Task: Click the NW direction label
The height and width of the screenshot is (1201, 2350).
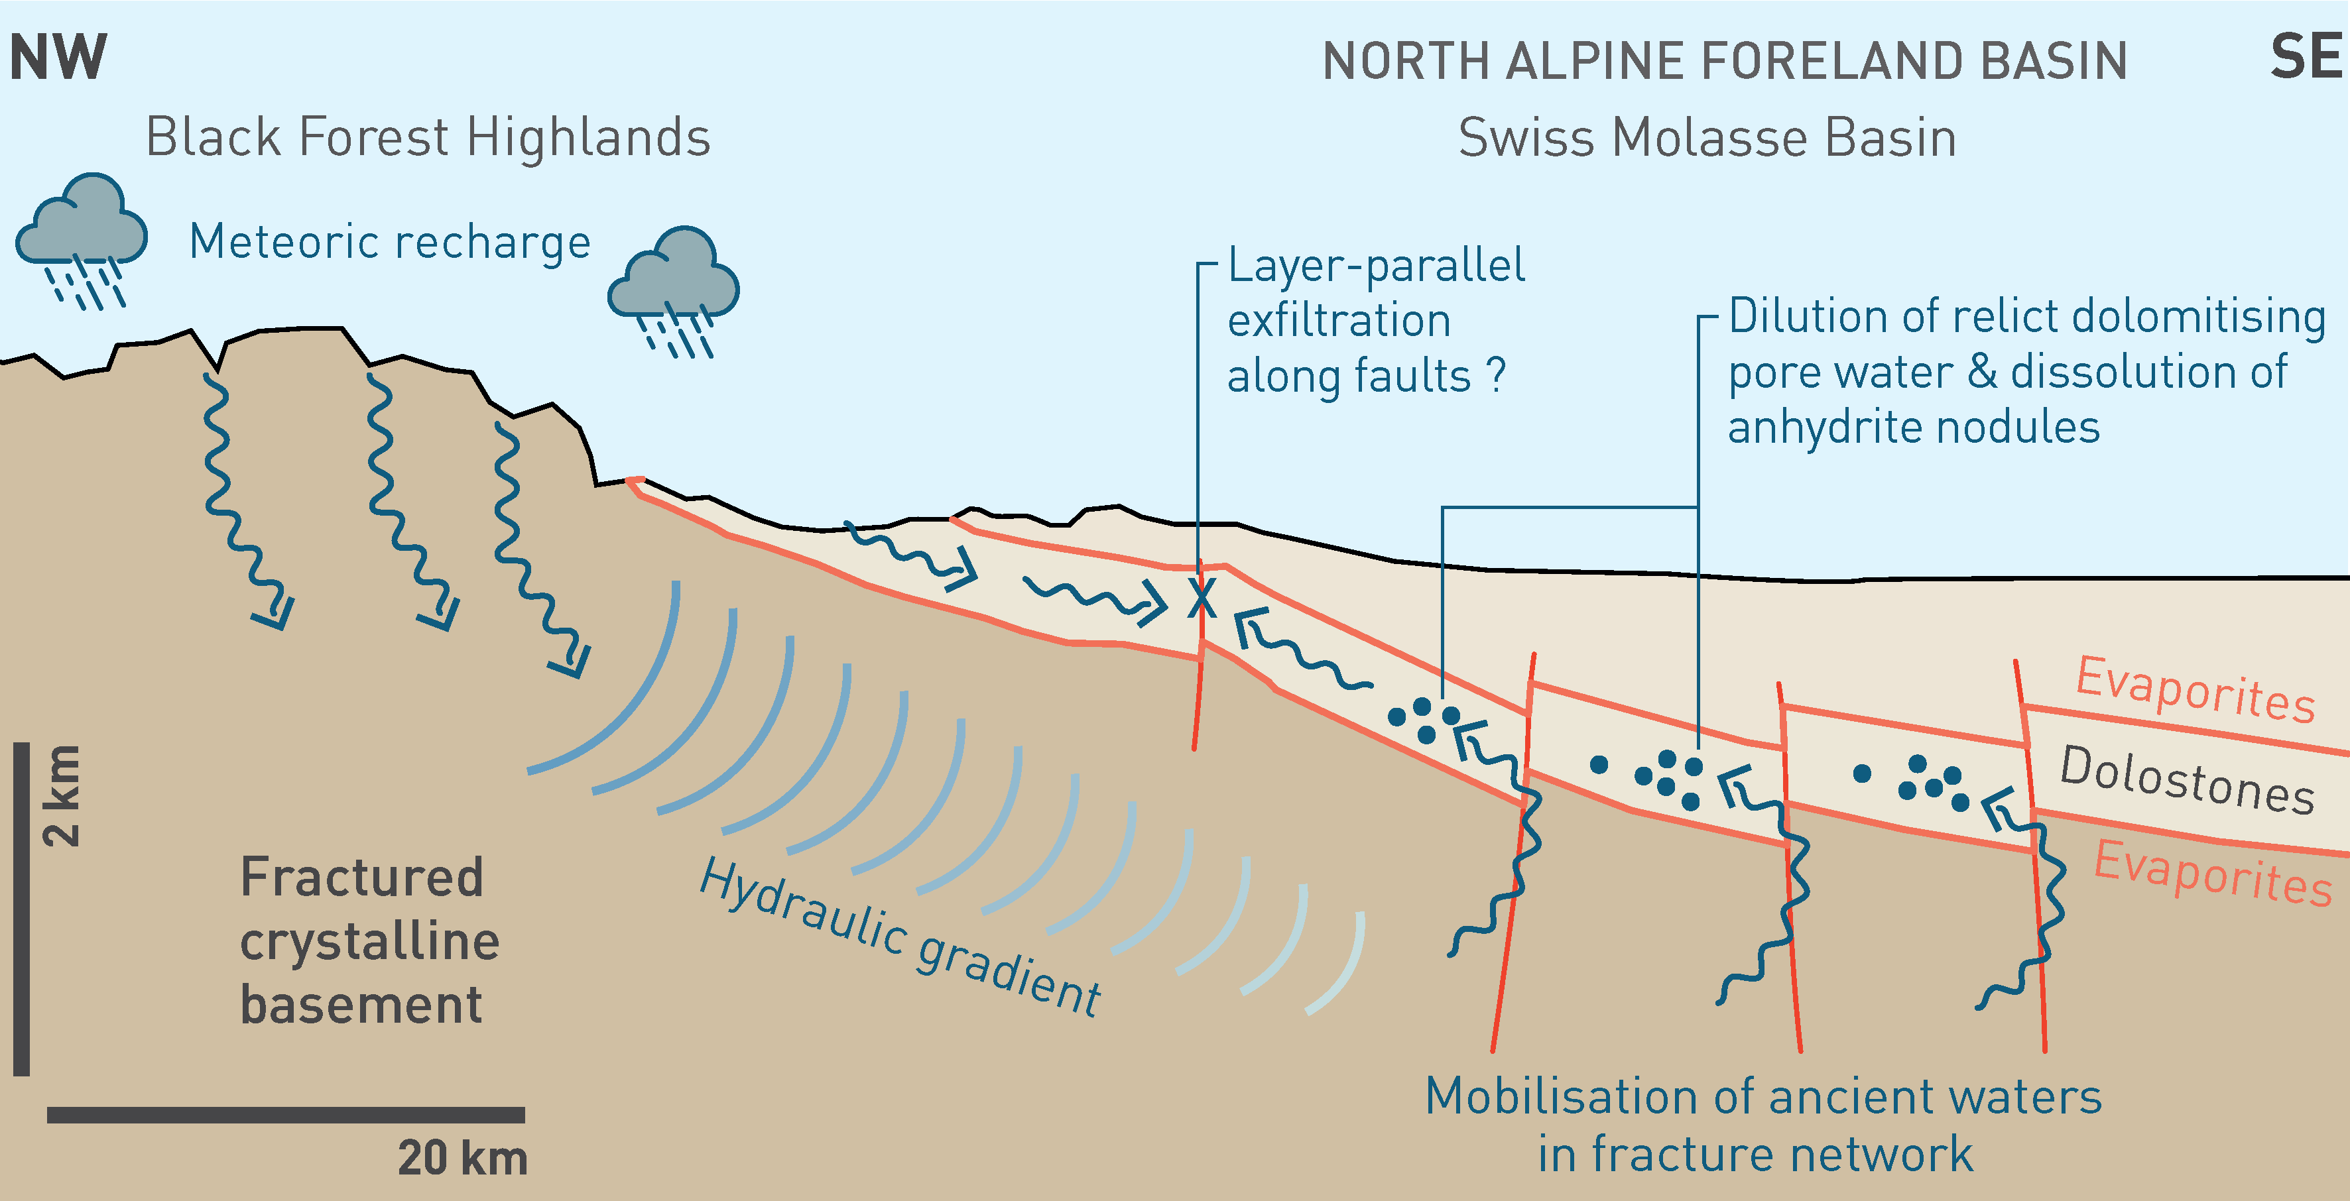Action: pos(58,58)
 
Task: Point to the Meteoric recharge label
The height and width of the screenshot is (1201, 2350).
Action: pos(389,243)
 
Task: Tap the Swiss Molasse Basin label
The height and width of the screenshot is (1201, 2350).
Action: pos(1707,139)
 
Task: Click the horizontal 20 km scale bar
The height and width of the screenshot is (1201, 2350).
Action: pos(286,1114)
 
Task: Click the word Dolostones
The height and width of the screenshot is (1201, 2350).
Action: pos(2187,779)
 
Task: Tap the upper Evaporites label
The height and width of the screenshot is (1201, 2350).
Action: pos(2195,689)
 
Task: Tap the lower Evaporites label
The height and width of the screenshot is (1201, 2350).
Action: pos(2212,873)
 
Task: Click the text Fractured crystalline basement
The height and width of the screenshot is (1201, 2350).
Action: pos(369,941)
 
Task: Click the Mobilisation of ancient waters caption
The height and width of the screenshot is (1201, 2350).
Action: pos(1762,1124)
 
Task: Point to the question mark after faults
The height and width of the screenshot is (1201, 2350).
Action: pos(1495,374)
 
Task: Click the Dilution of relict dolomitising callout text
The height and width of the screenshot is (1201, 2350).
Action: pos(2024,371)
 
